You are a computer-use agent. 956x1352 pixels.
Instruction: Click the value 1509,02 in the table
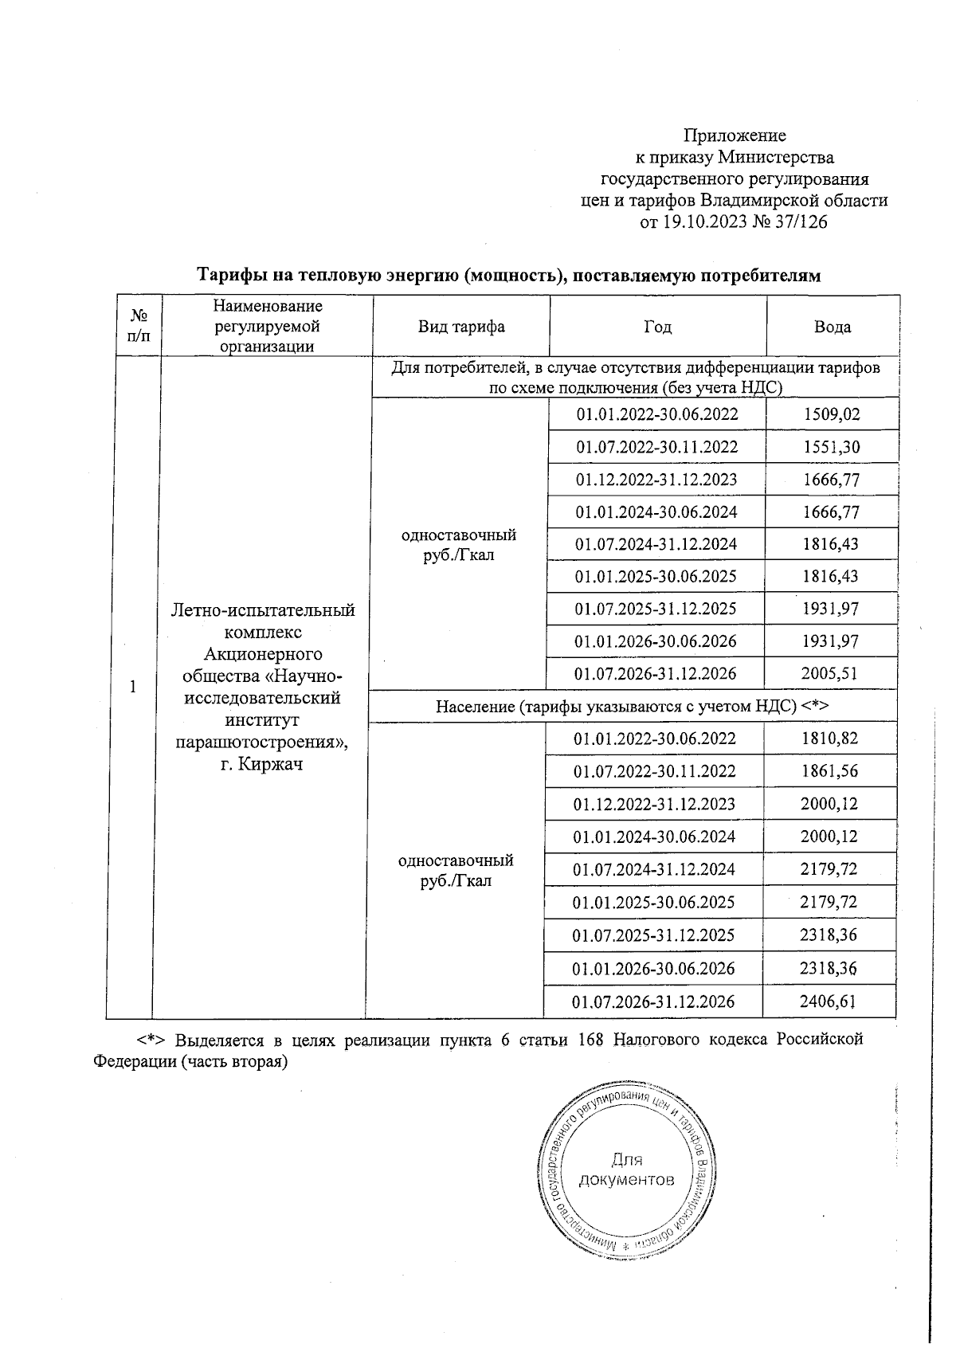[x=832, y=414]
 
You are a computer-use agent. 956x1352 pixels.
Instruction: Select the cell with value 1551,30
[x=832, y=447]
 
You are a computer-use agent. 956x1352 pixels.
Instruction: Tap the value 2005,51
[x=829, y=674]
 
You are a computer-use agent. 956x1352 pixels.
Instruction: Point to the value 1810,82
[x=829, y=739]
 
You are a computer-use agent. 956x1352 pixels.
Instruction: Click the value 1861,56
[x=829, y=771]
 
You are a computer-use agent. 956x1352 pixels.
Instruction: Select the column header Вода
[x=833, y=327]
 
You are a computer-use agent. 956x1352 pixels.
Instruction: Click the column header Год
[x=657, y=327]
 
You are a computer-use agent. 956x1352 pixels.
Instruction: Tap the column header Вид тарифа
[x=461, y=327]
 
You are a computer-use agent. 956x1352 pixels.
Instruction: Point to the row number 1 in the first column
[x=133, y=687]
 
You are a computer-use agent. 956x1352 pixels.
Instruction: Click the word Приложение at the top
[x=735, y=135]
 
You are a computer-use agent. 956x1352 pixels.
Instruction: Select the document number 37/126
[x=800, y=222]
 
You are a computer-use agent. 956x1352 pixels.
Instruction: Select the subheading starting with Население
[x=633, y=707]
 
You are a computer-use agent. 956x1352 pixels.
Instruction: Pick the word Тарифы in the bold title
[x=227, y=276]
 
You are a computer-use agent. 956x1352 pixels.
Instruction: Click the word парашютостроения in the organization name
[x=261, y=743]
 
